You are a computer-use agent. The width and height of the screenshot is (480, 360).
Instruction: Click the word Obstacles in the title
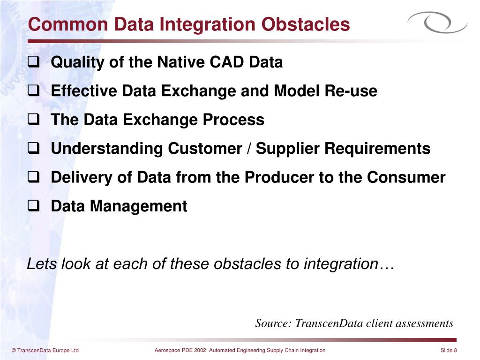(x=306, y=24)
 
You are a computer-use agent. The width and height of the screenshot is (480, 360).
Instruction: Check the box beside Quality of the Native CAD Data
(x=34, y=62)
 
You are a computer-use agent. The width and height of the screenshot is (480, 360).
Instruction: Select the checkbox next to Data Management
(x=34, y=206)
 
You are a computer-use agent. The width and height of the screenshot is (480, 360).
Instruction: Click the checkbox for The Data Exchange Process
(x=34, y=120)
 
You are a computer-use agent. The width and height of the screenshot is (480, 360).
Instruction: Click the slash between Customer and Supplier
(x=249, y=149)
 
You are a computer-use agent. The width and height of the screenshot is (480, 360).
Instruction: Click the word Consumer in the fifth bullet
(x=406, y=177)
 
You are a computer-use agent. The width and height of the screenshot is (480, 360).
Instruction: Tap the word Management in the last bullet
(x=138, y=206)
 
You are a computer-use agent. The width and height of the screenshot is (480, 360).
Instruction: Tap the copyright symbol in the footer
(x=14, y=351)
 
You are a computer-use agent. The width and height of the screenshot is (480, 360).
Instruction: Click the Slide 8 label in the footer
(x=449, y=350)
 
